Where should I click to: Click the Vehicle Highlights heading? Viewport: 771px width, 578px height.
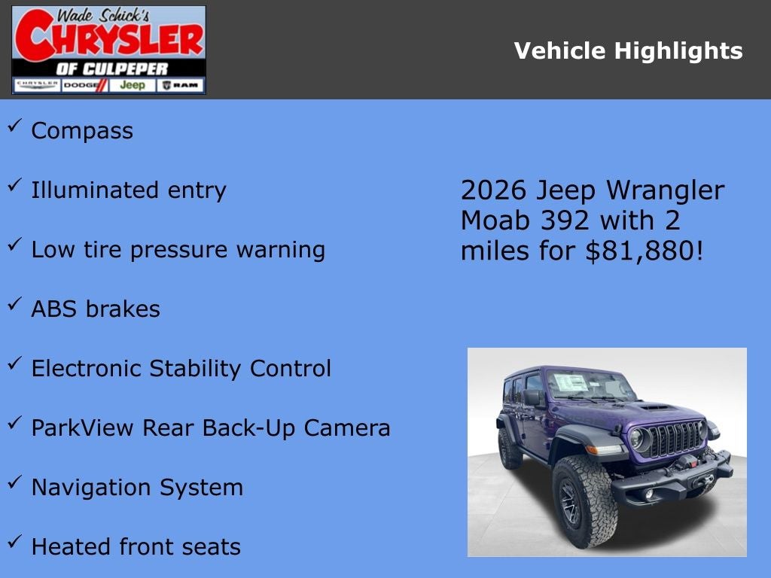point(628,51)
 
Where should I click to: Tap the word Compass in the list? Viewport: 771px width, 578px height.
point(82,131)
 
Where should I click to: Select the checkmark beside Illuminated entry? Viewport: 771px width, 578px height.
point(14,186)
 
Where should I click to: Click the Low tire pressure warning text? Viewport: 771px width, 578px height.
point(178,250)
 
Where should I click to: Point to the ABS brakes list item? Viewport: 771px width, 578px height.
point(96,309)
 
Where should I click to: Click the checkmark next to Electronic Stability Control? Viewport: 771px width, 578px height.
point(14,364)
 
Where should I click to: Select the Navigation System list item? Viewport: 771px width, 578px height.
point(137,488)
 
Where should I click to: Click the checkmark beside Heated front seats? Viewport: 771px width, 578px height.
point(14,542)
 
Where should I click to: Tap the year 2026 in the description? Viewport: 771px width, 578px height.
point(494,190)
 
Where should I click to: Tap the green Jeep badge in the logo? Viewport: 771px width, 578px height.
point(133,85)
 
